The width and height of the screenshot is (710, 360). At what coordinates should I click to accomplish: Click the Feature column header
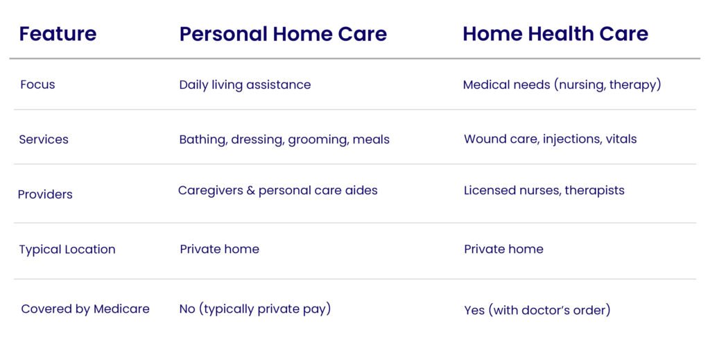(x=58, y=34)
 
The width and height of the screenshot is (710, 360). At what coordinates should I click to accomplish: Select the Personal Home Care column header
(x=283, y=34)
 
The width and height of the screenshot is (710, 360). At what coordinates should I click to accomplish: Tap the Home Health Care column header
(x=555, y=34)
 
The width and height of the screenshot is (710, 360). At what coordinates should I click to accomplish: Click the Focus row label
(x=37, y=85)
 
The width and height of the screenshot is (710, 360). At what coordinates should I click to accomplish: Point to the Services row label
(x=44, y=139)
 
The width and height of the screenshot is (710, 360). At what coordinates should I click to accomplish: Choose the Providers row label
(x=45, y=194)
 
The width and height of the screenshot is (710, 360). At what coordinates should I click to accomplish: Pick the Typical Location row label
(x=67, y=250)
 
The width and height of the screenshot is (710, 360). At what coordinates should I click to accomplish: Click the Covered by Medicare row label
(x=85, y=309)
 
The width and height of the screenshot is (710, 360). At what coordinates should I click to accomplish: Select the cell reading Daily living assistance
(x=245, y=85)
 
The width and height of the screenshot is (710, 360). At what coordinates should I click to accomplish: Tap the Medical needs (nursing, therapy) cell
(x=562, y=85)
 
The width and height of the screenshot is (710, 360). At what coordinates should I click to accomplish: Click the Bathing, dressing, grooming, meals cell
(x=284, y=139)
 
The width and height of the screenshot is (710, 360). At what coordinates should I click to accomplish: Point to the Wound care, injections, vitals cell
(x=550, y=139)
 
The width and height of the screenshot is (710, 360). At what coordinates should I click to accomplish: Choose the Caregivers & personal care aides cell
(x=277, y=191)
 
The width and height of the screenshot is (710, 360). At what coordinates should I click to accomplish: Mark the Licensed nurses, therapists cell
(x=544, y=191)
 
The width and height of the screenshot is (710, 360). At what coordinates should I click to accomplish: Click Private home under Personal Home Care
(x=220, y=249)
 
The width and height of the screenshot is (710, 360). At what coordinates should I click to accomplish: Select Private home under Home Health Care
(x=503, y=249)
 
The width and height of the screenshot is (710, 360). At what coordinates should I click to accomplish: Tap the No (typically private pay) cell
(x=255, y=309)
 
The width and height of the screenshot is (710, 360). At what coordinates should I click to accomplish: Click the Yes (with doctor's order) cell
(x=537, y=310)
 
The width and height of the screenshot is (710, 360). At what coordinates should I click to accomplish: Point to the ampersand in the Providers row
(x=251, y=190)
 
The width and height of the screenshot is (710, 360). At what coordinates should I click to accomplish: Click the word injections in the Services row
(x=571, y=139)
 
